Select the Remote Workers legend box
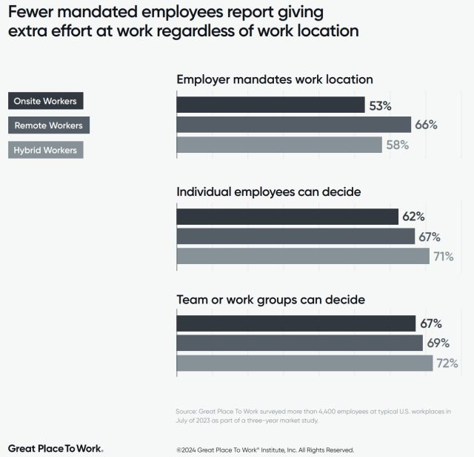[49, 125]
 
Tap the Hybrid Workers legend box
[47, 149]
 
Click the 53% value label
[380, 105]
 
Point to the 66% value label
[426, 125]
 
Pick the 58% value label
[397, 145]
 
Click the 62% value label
[413, 217]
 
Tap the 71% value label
[444, 257]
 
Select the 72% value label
[447, 364]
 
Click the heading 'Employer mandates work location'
[274, 79]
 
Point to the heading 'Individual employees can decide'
[268, 191]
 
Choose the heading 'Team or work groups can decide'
[270, 300]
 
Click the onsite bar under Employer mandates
[270, 105]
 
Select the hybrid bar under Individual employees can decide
[302, 256]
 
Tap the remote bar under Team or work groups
[298, 343]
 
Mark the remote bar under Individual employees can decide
[295, 237]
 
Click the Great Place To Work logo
[56, 448]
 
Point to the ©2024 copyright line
[265, 450]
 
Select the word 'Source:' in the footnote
[187, 410]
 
